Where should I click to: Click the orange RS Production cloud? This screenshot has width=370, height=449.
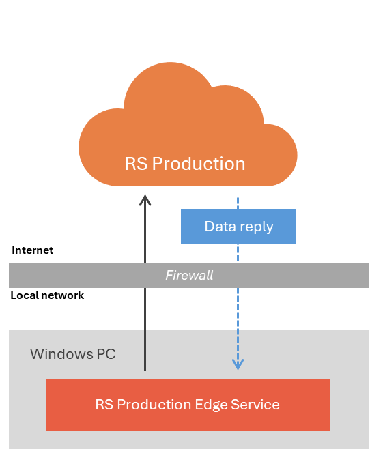[x=188, y=126]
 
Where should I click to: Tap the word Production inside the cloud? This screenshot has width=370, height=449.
[x=199, y=164]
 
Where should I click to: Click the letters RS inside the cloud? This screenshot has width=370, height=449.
[x=136, y=164]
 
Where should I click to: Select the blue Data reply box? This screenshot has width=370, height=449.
[x=238, y=227]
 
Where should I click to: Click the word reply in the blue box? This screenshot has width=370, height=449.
[x=257, y=227]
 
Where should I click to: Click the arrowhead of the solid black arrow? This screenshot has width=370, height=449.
[x=145, y=200]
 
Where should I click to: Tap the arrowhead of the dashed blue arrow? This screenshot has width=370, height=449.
[x=238, y=364]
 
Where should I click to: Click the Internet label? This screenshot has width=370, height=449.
[x=32, y=250]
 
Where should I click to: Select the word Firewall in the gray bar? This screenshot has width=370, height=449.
[x=189, y=275]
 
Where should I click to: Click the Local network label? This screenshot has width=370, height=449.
[x=47, y=295]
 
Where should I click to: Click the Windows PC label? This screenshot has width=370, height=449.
[x=73, y=354]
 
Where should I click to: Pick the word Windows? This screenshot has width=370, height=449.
[x=61, y=354]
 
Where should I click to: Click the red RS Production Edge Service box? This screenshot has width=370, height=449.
[x=188, y=405]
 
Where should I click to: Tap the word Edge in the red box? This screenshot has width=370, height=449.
[x=211, y=405]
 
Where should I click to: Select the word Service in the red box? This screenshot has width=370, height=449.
[x=255, y=405]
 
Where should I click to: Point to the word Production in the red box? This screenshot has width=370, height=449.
[x=154, y=405]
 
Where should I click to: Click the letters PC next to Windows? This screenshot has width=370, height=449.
[x=106, y=354]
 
